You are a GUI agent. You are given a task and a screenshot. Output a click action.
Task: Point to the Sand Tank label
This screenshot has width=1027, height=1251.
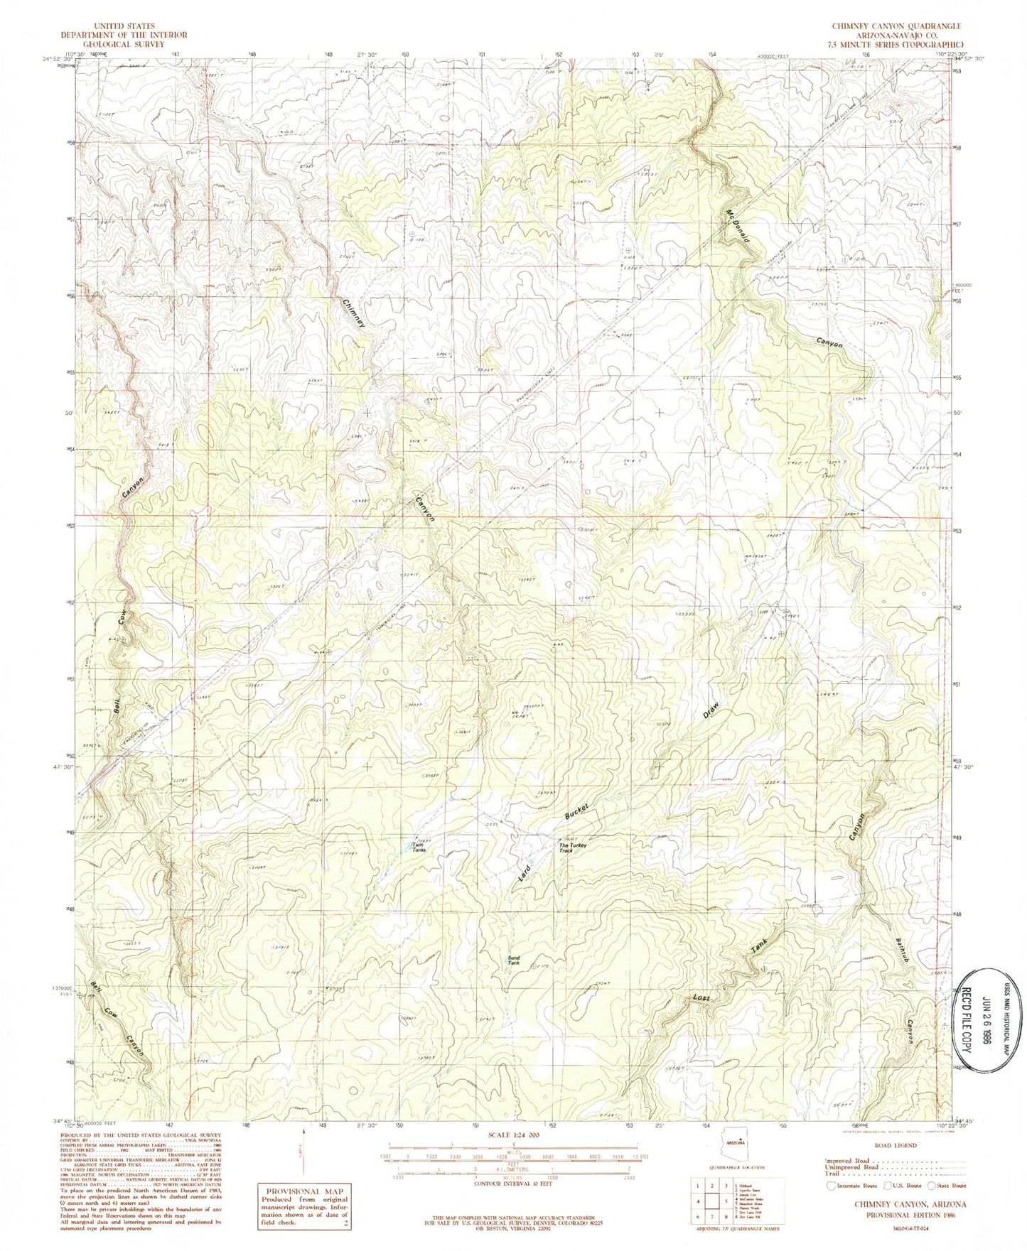pyautogui.click(x=514, y=960)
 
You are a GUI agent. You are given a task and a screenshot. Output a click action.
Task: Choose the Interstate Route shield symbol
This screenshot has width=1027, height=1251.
pyautogui.click(x=829, y=1186)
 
